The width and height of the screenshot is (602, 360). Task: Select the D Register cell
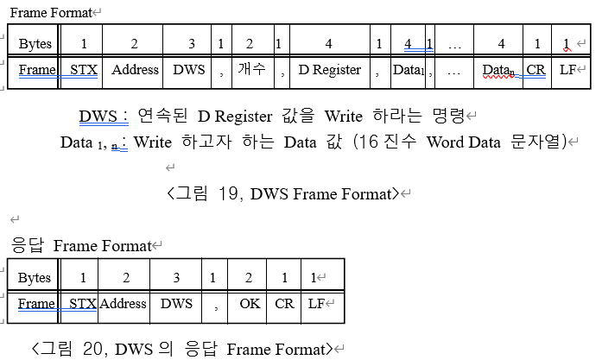coord(329,70)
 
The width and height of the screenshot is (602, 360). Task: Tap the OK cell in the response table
coord(249,304)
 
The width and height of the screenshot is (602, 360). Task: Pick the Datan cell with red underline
coord(500,71)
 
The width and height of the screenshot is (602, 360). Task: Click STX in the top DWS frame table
coord(84,70)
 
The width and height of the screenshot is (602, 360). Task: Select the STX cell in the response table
coord(82,304)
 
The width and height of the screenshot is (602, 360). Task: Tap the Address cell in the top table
coord(136,70)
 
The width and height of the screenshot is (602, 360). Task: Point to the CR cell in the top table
coord(535,71)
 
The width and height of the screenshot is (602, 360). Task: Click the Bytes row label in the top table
coord(35,44)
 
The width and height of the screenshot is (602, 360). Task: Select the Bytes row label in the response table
coord(35,278)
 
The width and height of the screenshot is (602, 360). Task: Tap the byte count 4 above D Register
coord(328,44)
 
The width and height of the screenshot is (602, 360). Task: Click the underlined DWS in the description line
coord(97,116)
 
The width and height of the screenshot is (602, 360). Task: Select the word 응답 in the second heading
coord(29,245)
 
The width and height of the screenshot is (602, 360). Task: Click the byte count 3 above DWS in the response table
coord(177,278)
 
